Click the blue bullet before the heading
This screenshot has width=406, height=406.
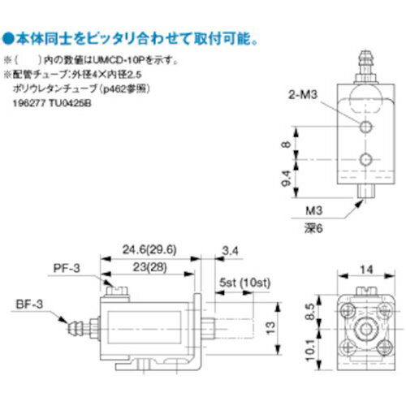coord(6,38)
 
